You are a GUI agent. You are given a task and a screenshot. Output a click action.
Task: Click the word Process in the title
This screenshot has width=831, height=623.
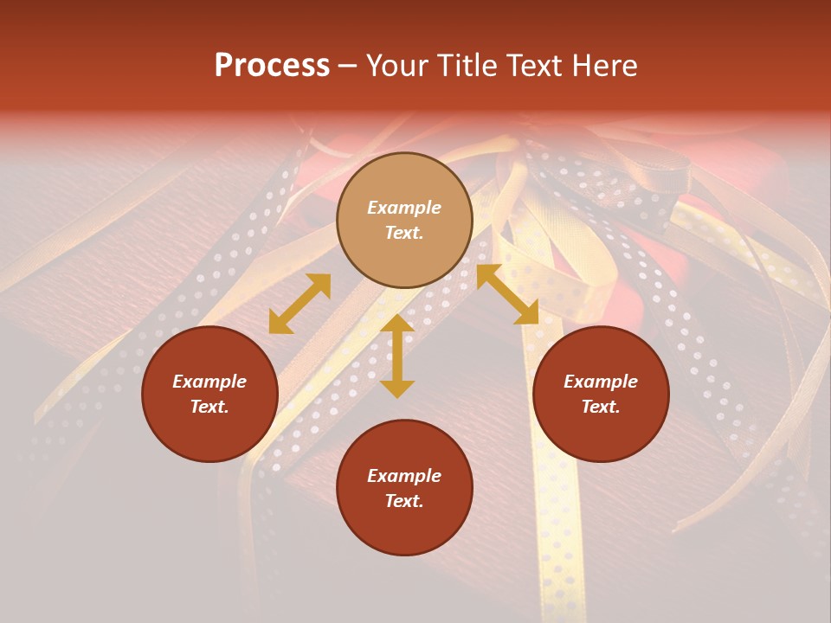[x=272, y=66]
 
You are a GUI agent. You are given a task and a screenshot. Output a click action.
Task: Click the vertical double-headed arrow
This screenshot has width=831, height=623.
[x=397, y=356]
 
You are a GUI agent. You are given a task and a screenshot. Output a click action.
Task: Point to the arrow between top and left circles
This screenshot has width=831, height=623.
[x=300, y=304]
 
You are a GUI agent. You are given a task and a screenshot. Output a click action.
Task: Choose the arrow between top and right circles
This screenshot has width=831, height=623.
[x=507, y=294]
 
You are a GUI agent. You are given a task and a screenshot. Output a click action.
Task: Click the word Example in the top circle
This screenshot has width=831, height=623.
[x=404, y=208]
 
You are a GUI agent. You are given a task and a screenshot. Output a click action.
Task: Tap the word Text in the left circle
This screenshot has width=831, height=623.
[x=209, y=407]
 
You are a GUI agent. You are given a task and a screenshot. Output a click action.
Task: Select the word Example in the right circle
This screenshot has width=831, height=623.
[x=601, y=382]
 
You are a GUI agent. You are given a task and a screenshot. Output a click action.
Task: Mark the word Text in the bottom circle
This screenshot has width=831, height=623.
[x=404, y=501]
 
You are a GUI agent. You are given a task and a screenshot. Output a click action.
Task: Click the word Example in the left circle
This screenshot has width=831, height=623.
[x=209, y=382]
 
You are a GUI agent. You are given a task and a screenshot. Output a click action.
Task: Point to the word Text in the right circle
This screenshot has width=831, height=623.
[x=601, y=407]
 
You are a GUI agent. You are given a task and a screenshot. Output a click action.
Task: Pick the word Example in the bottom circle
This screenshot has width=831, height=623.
[x=404, y=476]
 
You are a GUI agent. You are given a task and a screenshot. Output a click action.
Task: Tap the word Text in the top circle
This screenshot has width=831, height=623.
[x=404, y=233]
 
